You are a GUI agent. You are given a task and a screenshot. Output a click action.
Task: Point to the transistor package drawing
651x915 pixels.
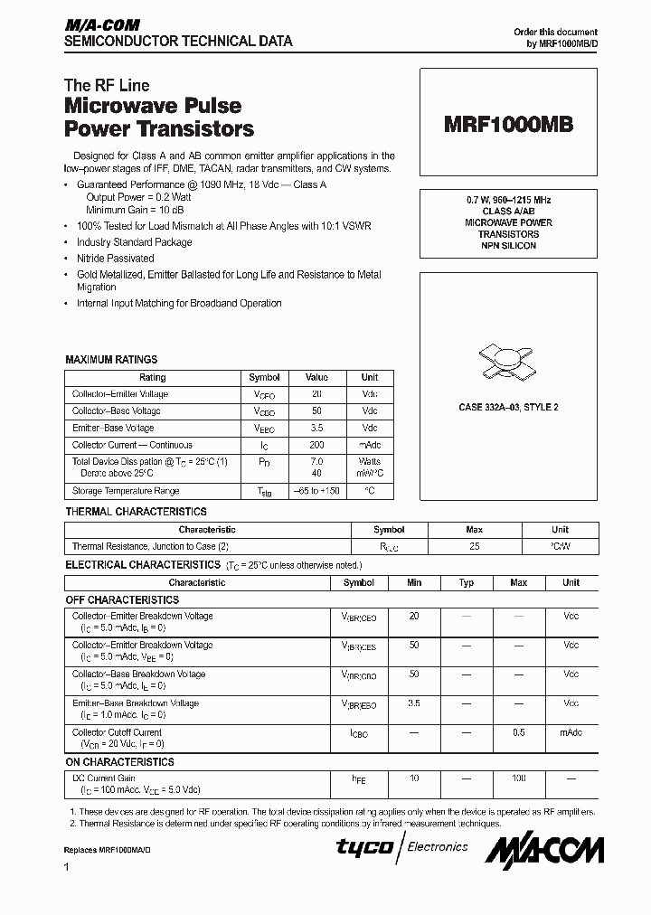tap(508, 360)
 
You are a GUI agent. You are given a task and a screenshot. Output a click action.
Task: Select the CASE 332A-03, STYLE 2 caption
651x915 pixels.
tap(508, 408)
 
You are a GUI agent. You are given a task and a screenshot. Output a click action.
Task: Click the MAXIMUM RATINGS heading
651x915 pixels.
tap(111, 360)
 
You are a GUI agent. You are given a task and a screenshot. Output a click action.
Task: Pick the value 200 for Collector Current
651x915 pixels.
tap(316, 445)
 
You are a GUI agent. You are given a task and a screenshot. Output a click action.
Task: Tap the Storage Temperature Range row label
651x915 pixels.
tap(126, 491)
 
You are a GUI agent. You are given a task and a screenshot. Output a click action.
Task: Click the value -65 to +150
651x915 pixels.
tap(316, 491)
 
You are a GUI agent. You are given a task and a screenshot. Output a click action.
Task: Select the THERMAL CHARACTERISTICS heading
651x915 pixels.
tap(136, 512)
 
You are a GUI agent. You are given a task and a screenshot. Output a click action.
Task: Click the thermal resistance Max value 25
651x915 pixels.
tap(475, 546)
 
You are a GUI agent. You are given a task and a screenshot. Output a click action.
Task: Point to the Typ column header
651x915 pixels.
tap(467, 583)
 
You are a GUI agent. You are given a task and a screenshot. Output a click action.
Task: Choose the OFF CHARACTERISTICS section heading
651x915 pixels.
tap(122, 599)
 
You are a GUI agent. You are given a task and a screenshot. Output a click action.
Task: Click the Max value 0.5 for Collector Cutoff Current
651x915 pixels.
tap(519, 732)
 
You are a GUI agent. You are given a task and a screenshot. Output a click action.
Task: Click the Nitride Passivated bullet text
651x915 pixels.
tap(115, 259)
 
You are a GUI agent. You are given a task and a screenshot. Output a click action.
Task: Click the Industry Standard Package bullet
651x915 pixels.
tap(134, 242)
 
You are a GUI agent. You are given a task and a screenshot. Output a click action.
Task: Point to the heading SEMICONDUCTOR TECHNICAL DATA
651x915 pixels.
tap(178, 42)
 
